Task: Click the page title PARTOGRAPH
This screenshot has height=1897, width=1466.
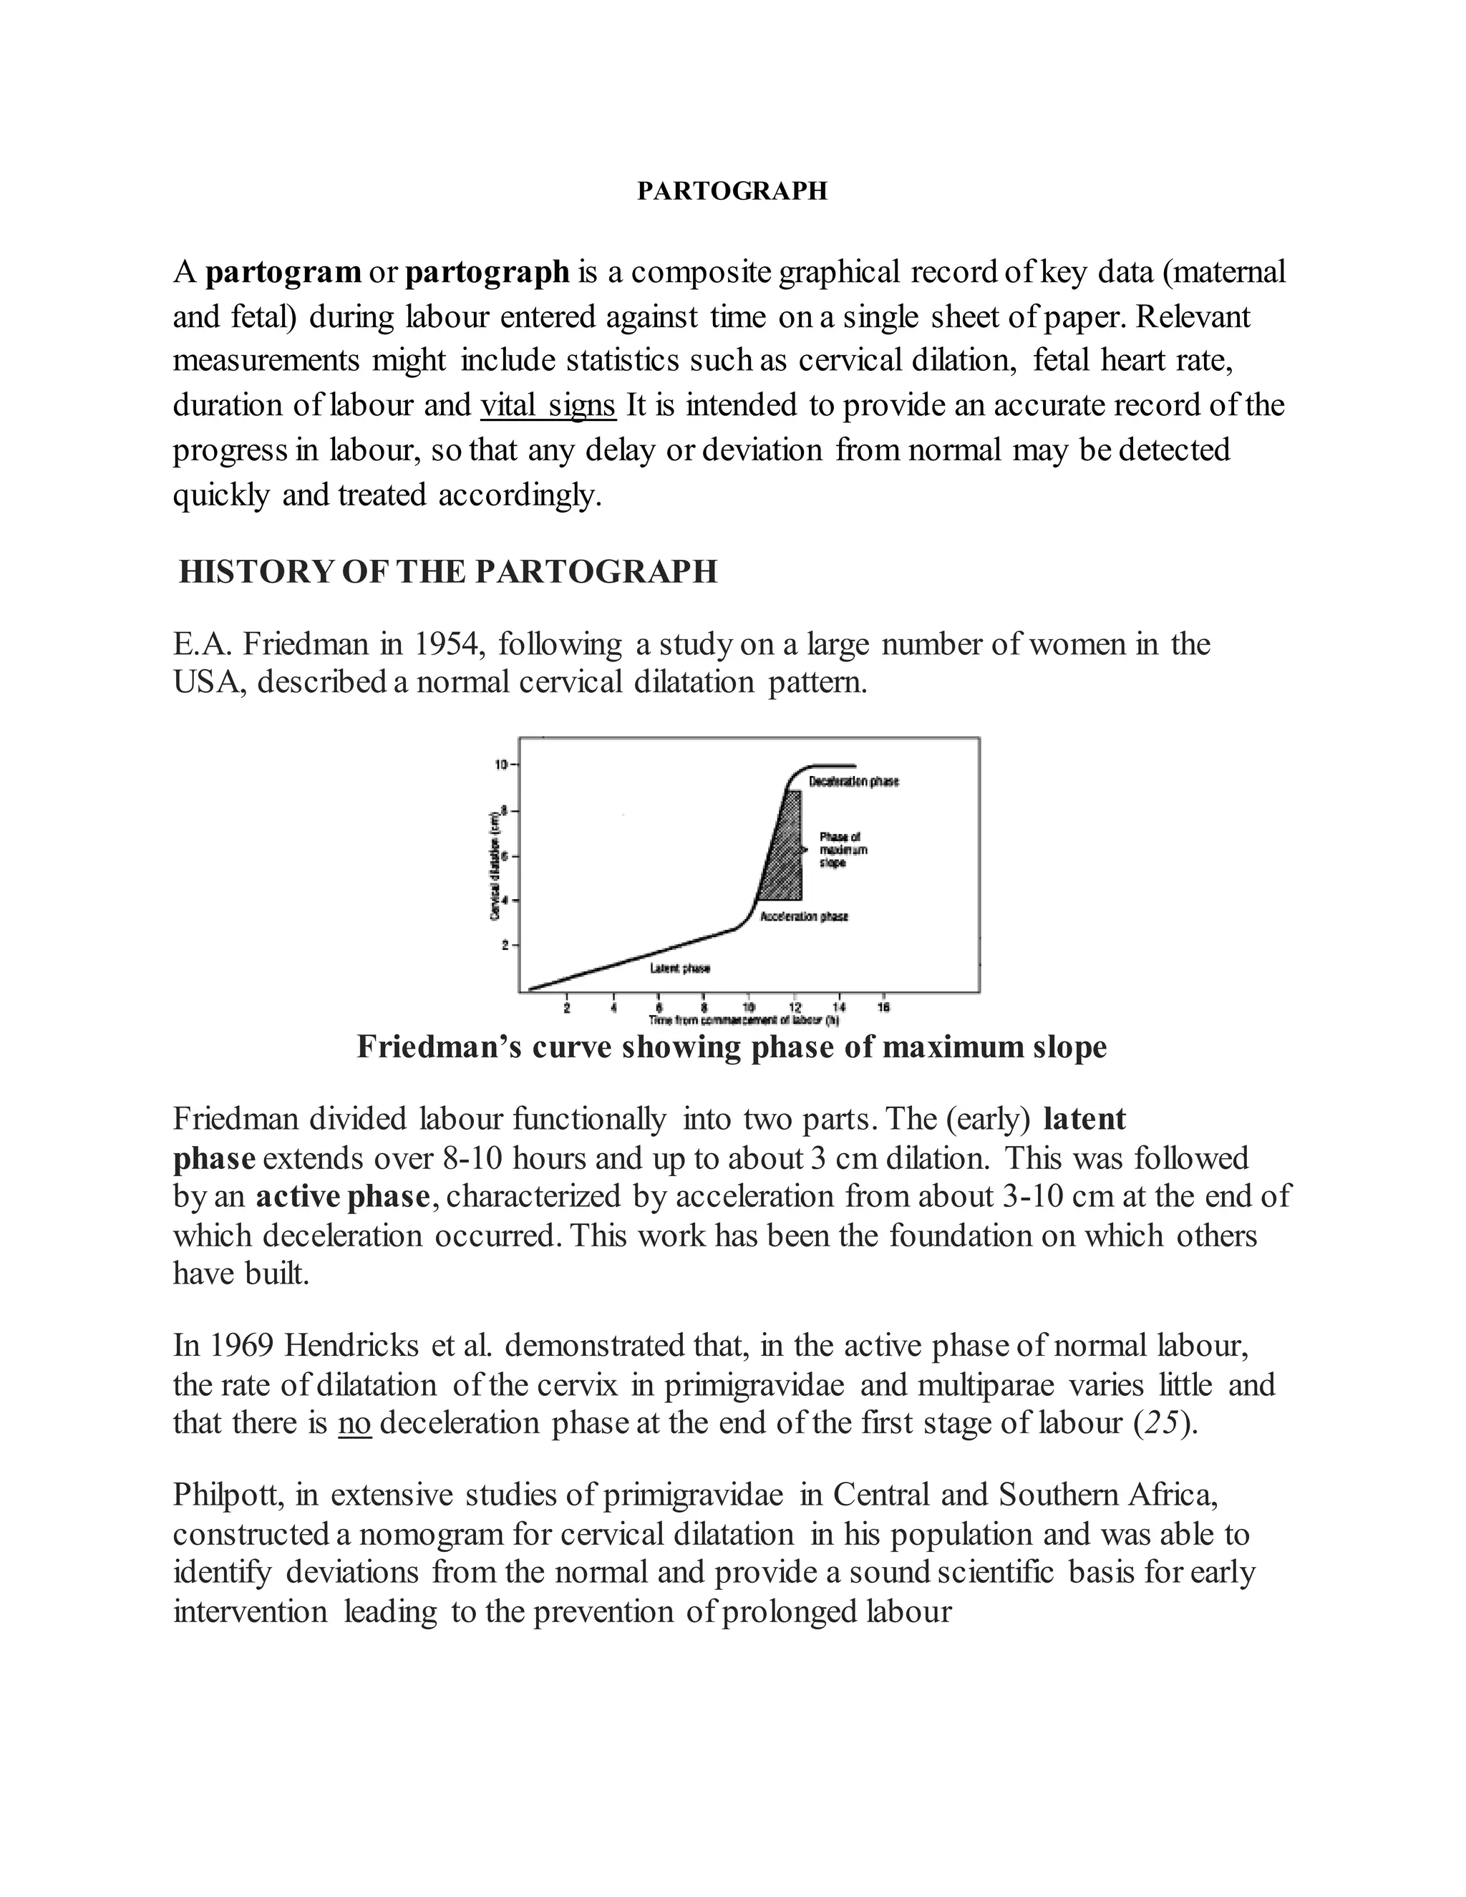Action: click(732, 191)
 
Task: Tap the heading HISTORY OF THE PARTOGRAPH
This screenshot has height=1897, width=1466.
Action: click(448, 571)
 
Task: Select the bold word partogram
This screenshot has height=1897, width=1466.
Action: click(283, 272)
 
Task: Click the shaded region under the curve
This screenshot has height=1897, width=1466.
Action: click(786, 860)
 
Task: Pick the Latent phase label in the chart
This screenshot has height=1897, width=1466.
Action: click(680, 969)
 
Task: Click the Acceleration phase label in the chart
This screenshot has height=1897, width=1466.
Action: click(803, 916)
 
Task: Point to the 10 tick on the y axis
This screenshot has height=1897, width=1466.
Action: click(501, 765)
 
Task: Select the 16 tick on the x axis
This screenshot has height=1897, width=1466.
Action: click(883, 1008)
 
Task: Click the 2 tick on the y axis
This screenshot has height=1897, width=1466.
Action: click(505, 944)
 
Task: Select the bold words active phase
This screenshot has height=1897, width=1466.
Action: click(342, 1197)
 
